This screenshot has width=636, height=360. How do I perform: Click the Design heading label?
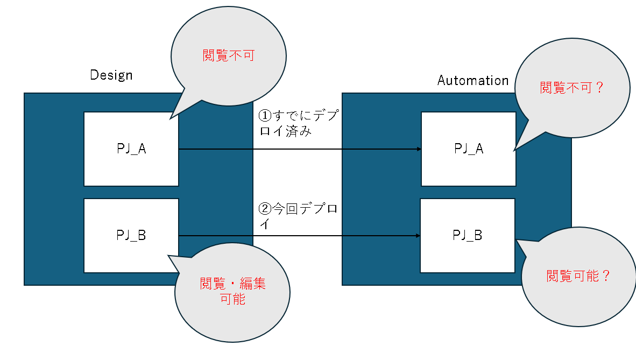111,75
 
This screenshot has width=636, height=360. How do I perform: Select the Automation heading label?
472,81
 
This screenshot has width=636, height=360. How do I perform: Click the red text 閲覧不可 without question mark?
228,55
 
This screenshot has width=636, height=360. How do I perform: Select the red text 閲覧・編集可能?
233,291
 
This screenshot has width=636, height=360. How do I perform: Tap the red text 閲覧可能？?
578,276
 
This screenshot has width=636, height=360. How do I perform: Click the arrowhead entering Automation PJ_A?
418,149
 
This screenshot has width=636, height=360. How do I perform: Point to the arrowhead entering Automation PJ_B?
417,236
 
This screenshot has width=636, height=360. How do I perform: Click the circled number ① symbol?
264,116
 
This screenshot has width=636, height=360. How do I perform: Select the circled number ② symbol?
264,208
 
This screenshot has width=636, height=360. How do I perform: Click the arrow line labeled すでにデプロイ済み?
296,149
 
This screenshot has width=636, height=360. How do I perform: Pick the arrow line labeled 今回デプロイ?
296,236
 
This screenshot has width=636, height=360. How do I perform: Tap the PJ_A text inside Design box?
131,149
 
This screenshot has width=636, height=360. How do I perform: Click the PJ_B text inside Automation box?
467,235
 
